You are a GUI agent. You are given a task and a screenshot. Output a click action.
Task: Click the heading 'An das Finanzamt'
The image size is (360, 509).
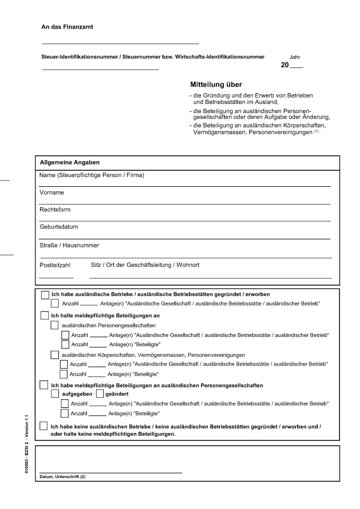67,27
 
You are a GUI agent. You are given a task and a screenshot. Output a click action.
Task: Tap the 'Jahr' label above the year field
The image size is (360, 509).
295,57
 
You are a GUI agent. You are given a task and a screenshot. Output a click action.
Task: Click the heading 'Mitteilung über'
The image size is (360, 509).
216,84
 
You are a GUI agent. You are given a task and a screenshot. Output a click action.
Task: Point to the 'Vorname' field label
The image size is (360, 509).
51,193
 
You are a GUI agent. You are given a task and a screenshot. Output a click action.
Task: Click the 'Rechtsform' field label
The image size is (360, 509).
55,210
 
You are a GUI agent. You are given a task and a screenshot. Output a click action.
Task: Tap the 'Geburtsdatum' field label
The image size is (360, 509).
58,227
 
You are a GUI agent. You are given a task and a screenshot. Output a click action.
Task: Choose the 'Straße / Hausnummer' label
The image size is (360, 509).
69,245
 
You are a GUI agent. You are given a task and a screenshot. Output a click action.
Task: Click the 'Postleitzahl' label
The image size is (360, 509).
55,265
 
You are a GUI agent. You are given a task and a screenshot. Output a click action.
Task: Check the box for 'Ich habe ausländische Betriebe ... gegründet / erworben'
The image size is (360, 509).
45,295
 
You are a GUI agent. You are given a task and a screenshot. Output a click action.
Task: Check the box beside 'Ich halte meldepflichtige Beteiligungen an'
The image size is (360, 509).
45,315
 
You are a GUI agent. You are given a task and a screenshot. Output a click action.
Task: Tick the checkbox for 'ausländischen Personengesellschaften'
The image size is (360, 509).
55,325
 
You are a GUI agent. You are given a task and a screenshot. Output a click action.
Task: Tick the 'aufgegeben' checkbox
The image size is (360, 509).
55,394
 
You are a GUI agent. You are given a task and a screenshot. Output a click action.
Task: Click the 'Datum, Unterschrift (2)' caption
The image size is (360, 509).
62,476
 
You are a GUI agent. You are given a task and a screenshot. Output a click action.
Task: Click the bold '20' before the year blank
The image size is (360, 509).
285,66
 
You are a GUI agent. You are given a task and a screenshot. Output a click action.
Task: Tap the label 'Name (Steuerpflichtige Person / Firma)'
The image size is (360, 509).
91,175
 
